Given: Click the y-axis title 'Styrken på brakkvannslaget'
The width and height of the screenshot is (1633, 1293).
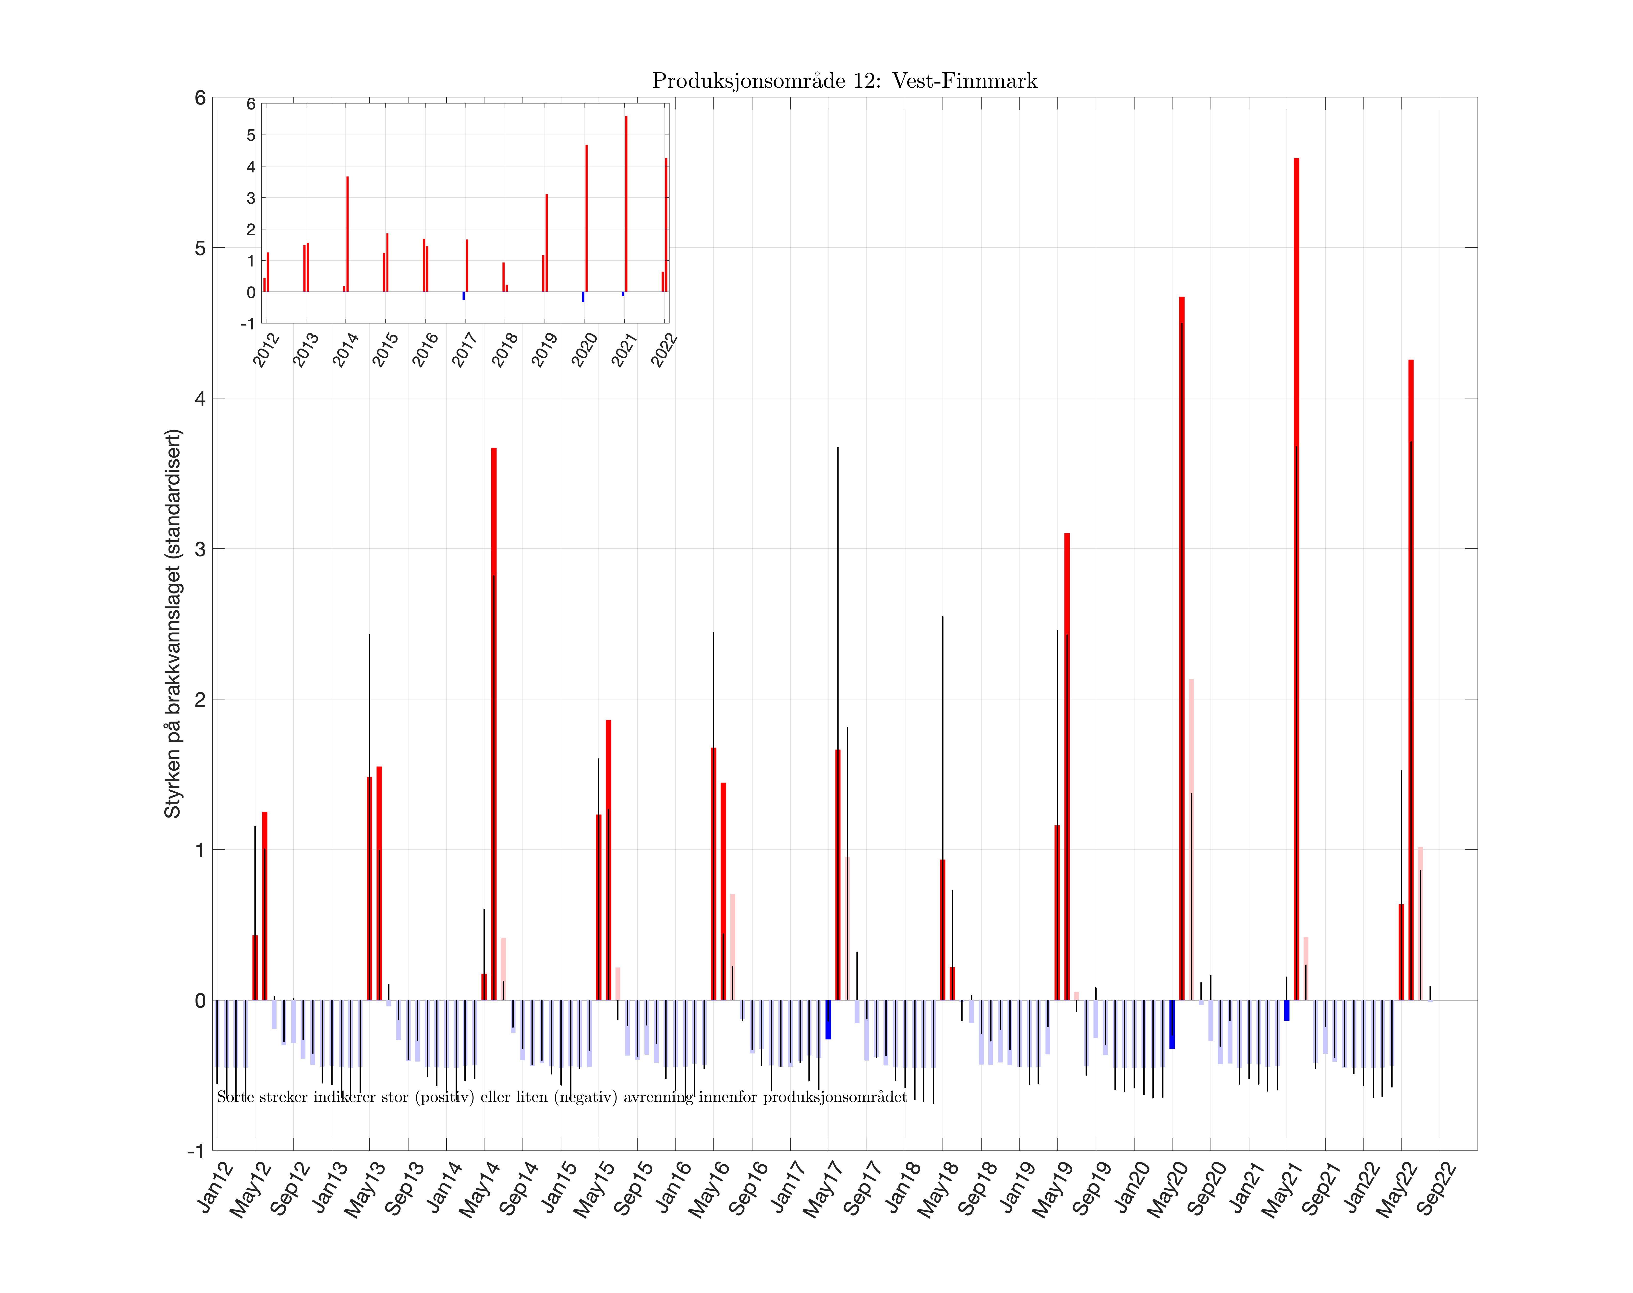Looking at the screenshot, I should coord(173,623).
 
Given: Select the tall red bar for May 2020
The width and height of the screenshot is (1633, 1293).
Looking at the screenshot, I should coord(1182,643).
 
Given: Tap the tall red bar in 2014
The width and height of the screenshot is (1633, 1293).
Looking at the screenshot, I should coord(494,719).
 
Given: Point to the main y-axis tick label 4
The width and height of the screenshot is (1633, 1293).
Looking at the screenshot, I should coord(200,398).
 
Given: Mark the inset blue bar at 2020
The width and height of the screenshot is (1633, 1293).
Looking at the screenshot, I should coord(583,297).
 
